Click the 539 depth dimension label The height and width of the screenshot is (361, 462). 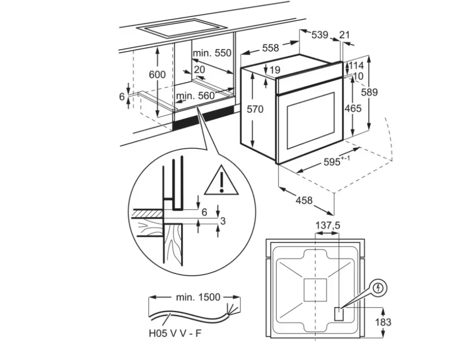(319, 35)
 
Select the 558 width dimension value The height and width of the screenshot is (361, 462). (270, 48)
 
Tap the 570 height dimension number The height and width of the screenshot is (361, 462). (255, 109)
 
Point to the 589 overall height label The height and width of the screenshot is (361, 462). (369, 92)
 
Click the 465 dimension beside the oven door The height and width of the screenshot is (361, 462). (353, 109)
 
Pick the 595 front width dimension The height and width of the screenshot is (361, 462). (337, 161)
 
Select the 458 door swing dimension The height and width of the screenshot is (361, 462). (304, 200)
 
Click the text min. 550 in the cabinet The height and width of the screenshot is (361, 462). (212, 53)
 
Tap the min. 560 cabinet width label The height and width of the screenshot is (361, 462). (196, 96)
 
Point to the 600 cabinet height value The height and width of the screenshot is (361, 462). (157, 75)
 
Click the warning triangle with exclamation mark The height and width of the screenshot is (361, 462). (222, 181)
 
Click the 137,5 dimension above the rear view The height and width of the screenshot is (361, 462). (328, 226)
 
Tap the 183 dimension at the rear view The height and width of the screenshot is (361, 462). (383, 322)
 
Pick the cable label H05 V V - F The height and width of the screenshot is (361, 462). (175, 334)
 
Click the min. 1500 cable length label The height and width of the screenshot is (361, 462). (198, 297)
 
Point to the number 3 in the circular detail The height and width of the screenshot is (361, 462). (223, 220)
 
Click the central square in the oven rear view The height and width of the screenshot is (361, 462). (315, 290)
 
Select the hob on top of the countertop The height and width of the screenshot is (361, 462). (182, 28)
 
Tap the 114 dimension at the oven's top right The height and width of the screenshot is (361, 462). (356, 65)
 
